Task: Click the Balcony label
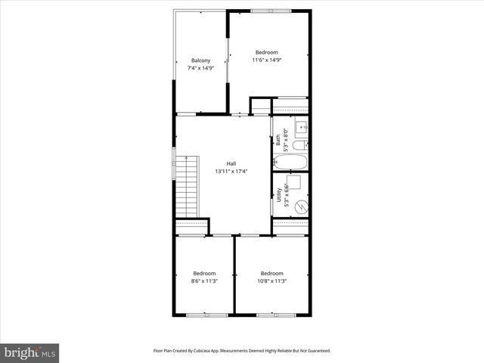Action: click(200, 60)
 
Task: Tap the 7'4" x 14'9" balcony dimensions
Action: click(200, 68)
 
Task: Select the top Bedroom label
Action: click(266, 52)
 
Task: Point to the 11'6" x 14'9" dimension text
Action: click(266, 60)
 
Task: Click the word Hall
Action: click(231, 163)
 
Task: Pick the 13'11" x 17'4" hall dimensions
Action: click(231, 171)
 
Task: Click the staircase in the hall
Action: click(187, 185)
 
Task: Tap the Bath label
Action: click(278, 140)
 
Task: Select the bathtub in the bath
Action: click(290, 162)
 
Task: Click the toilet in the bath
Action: click(299, 145)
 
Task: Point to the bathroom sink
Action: click(300, 127)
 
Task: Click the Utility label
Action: click(278, 197)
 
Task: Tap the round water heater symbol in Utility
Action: click(299, 206)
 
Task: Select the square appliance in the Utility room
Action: click(297, 182)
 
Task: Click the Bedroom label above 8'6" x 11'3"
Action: click(204, 273)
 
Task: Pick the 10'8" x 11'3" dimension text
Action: click(272, 281)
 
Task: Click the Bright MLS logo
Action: click(30, 352)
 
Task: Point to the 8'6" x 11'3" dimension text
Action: click(204, 281)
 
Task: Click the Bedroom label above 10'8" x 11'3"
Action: click(272, 273)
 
